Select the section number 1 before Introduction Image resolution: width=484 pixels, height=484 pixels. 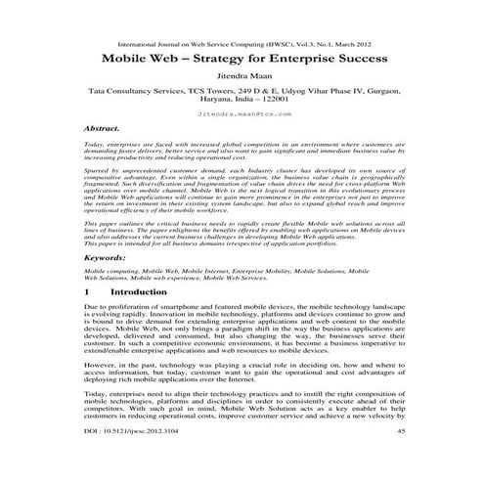pos(88,291)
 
